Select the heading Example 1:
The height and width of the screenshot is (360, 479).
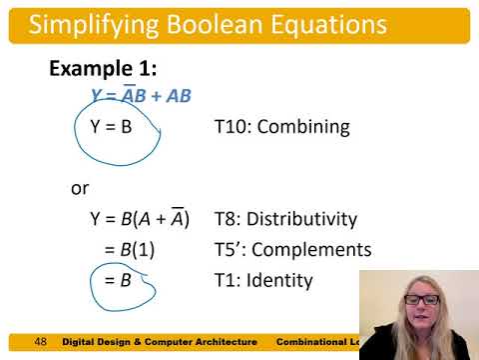point(104,69)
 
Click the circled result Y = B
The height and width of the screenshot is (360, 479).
point(112,128)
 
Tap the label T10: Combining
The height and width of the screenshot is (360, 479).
point(281,128)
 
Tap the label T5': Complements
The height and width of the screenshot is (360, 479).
point(293,250)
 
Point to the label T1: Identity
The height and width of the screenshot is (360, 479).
point(263,281)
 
